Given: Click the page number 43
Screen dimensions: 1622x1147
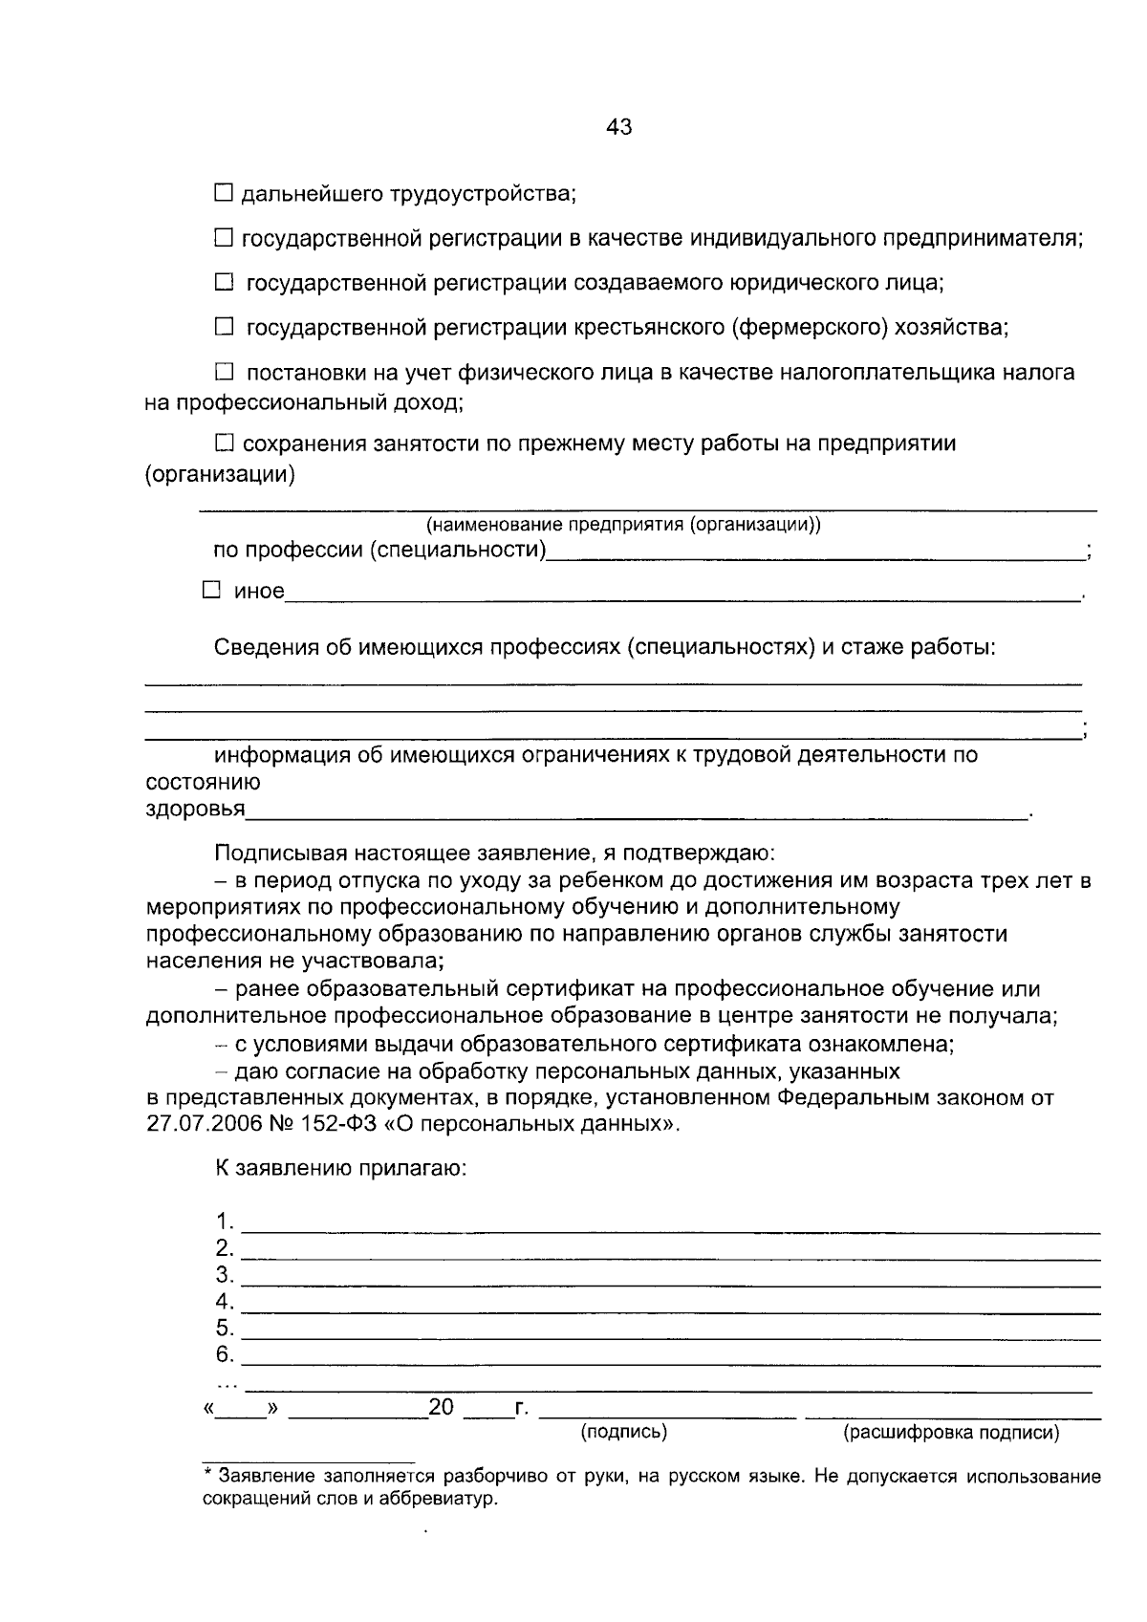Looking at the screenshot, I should [618, 127].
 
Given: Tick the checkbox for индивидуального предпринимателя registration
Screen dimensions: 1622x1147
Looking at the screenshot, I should [223, 237].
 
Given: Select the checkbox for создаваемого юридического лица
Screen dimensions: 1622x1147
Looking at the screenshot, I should [223, 282].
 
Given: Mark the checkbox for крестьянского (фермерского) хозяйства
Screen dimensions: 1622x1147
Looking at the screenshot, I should [223, 327].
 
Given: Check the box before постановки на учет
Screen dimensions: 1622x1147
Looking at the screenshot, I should [223, 372].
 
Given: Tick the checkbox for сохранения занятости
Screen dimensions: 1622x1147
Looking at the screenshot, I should [223, 443].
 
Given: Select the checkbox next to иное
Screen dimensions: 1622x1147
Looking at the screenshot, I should [211, 591].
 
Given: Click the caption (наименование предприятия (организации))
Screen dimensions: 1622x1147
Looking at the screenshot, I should [623, 525].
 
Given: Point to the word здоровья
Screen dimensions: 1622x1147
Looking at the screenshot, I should [195, 811].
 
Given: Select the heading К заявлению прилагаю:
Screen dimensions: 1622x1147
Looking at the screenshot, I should [339, 1168].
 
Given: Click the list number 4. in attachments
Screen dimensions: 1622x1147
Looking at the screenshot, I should [225, 1302].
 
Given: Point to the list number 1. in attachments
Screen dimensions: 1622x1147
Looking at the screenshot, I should [225, 1222].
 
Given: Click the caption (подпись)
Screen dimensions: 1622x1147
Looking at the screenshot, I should [623, 1432].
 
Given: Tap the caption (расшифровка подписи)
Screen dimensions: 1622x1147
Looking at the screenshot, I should [950, 1433].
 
